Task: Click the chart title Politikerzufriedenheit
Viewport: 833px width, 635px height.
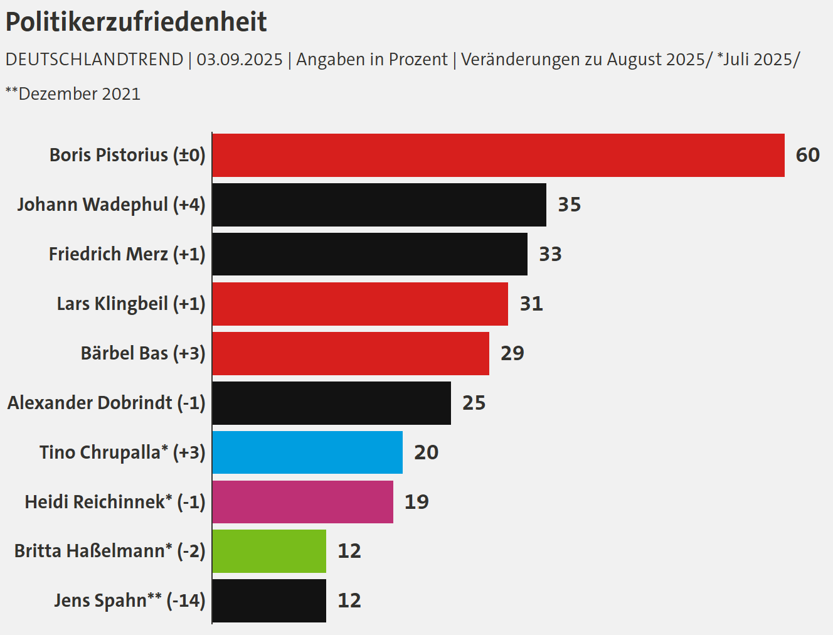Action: [x=136, y=22]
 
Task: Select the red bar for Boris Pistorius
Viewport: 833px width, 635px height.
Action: [x=498, y=155]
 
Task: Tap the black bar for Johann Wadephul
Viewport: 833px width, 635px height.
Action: [x=379, y=205]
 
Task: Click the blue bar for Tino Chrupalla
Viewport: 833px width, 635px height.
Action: [x=307, y=452]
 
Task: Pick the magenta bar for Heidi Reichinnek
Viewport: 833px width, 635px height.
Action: [x=302, y=502]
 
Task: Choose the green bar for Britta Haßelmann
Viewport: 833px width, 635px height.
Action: [x=269, y=551]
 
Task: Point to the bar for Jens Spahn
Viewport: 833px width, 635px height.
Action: [x=269, y=600]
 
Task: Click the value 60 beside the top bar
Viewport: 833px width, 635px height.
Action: [x=807, y=155]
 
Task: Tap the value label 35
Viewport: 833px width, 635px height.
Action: [x=569, y=205]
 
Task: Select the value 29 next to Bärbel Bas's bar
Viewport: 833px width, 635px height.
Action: [x=512, y=353]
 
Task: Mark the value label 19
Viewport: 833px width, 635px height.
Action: [x=416, y=502]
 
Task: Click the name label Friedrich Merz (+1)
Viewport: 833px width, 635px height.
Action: [x=127, y=254]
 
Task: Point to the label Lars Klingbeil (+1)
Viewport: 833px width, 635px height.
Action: [x=130, y=304]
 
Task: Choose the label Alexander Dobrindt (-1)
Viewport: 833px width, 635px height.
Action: [x=106, y=403]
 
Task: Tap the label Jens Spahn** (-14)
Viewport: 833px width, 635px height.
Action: [x=129, y=600]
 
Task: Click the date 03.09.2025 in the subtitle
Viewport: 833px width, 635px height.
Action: [x=240, y=60]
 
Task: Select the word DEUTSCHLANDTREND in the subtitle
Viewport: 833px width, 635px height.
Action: [x=94, y=60]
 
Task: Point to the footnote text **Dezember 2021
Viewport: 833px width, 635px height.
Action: [x=73, y=94]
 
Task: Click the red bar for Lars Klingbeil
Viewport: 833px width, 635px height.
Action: [x=360, y=304]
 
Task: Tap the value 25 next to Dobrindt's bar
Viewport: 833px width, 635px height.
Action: [x=474, y=403]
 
